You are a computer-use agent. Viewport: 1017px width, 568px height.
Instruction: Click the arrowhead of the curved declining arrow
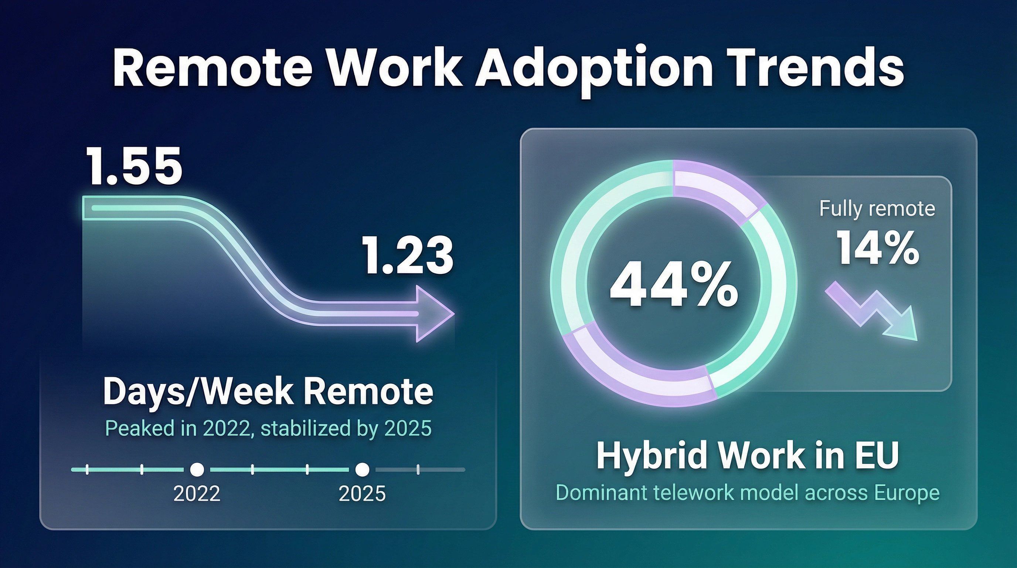coord(434,314)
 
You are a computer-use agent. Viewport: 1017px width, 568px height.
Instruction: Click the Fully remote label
coord(877,209)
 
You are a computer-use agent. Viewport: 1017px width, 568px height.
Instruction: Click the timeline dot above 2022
coord(197,470)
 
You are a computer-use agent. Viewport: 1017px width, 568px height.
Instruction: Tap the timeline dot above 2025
coord(362,470)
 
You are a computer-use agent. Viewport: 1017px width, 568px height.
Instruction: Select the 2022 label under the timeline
coord(197,493)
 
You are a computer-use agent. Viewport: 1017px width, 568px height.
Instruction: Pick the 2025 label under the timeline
coord(362,493)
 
